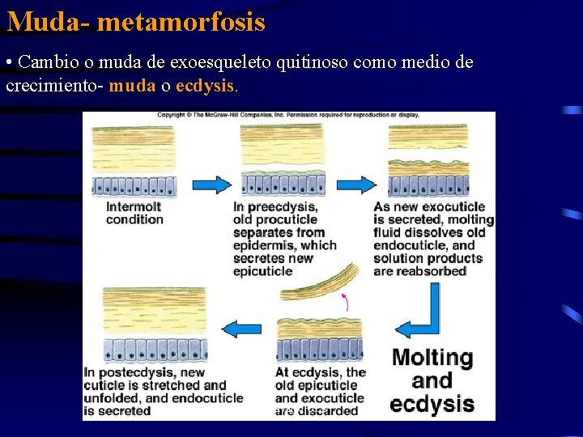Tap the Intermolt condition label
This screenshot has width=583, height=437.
134,213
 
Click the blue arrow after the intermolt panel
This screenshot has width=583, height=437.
211,184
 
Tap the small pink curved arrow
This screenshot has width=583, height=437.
346,303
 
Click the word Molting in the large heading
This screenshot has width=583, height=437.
432,358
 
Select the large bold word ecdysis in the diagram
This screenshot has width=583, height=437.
432,404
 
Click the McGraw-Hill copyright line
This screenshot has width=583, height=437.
287,115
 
